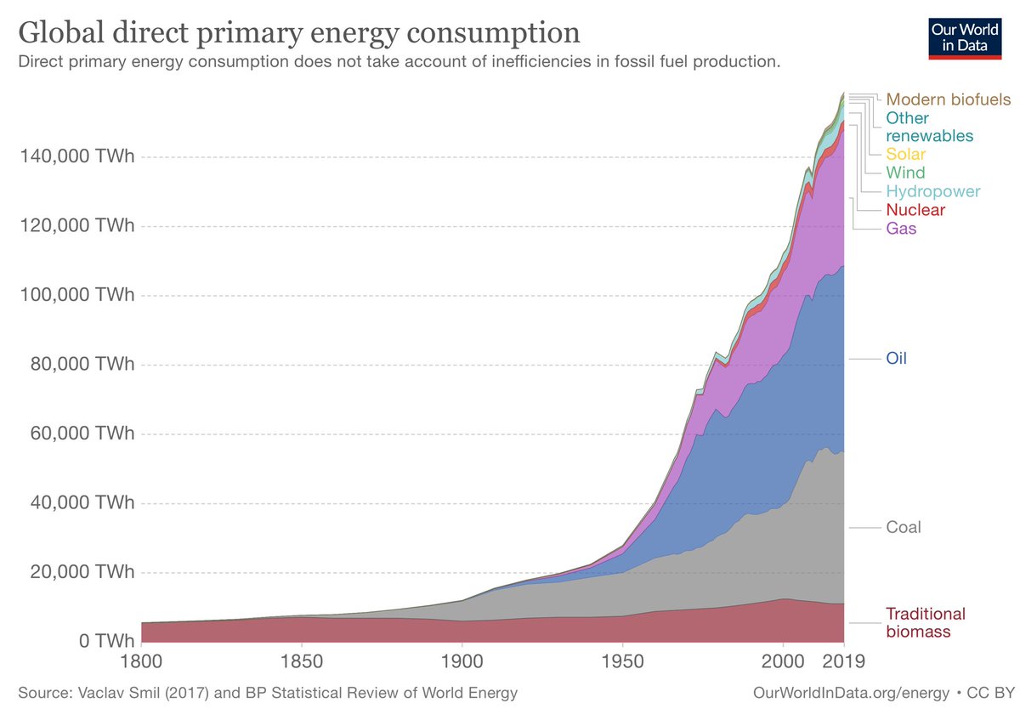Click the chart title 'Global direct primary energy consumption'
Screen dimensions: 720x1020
pos(299,33)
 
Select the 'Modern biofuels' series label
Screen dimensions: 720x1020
pos(948,99)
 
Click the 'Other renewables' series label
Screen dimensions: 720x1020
pos(929,127)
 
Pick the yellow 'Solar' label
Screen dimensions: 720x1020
pos(905,155)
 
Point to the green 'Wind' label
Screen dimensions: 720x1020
pos(905,173)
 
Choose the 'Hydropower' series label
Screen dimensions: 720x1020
pos(932,191)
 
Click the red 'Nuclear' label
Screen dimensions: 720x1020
pos(915,210)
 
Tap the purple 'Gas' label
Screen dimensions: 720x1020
pos(901,229)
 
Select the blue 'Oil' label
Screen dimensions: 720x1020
pos(896,359)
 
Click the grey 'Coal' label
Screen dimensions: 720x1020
pos(903,527)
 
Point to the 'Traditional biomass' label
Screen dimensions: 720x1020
pos(925,622)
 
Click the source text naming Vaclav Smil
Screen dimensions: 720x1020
pos(267,693)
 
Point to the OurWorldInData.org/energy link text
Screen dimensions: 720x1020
pos(851,693)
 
